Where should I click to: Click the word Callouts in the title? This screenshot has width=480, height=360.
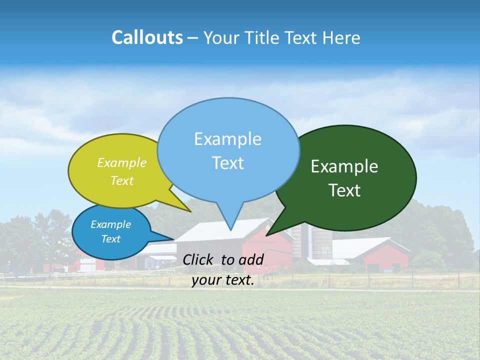(147, 37)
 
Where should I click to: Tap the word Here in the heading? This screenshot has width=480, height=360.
(341, 37)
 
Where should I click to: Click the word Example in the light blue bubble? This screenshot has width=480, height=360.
(227, 139)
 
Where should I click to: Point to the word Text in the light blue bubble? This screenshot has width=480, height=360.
(227, 163)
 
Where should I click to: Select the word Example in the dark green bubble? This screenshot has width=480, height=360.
(344, 166)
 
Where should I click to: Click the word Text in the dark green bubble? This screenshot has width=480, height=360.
(344, 190)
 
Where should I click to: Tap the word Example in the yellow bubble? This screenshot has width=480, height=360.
(122, 162)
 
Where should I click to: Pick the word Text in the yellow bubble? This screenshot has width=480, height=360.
(122, 180)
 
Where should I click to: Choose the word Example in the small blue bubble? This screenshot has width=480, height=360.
(110, 224)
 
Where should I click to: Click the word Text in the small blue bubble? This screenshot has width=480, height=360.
(110, 239)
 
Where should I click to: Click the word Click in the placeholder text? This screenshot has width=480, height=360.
(197, 259)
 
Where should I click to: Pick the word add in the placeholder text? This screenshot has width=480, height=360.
(251, 259)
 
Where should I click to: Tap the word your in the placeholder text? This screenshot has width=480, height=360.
(206, 280)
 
